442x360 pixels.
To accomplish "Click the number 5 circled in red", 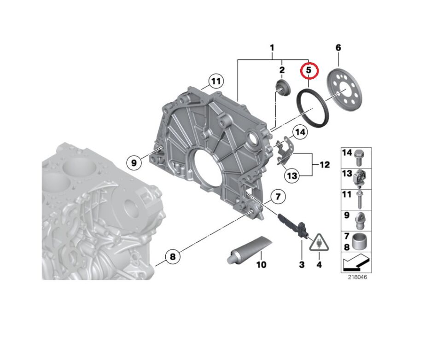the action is (308, 70).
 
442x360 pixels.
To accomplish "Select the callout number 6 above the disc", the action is (338, 47).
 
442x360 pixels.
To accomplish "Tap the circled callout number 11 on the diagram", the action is (216, 81).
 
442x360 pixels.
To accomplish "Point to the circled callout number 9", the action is (134, 163).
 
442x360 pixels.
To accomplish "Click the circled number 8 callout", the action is (173, 257).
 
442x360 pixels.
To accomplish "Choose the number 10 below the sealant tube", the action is (262, 265).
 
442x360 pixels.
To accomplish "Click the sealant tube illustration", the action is (249, 250).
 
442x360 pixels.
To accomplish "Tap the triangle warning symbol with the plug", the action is (319, 243).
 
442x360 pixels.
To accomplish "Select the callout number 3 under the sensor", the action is (302, 265).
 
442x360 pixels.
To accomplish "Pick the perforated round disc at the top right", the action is (344, 91).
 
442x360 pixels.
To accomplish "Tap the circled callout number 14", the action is (300, 132).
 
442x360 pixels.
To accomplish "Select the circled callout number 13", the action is (292, 176).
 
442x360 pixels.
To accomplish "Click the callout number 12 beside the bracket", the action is (325, 164).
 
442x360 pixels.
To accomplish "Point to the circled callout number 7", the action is (278, 196).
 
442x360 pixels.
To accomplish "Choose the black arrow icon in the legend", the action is (356, 262).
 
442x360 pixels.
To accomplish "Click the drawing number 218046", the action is (357, 277).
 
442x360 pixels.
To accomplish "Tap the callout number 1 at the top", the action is (272, 47).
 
